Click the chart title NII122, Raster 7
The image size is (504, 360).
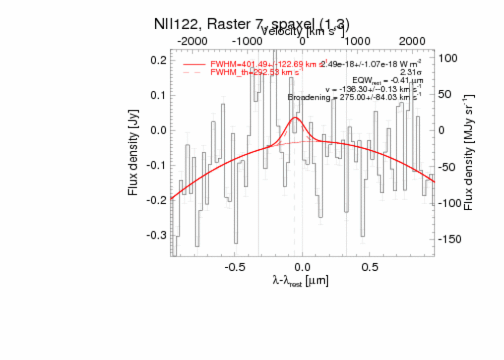coord(251,24)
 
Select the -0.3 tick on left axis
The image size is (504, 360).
coord(157,235)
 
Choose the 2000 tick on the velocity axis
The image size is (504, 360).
coord(412,41)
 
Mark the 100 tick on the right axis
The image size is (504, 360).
coord(448,58)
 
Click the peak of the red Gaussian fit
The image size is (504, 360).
coord(294,118)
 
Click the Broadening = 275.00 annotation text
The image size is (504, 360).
coord(354,97)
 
